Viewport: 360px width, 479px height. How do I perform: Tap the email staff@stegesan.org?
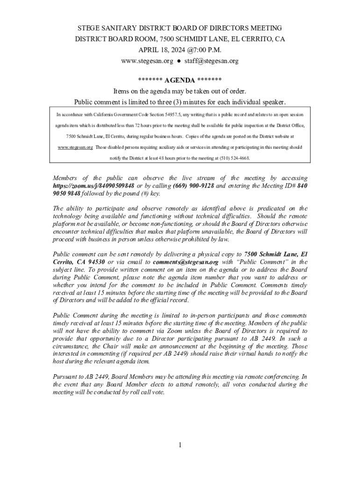tap(211, 61)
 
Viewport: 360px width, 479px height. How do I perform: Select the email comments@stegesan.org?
tap(186, 262)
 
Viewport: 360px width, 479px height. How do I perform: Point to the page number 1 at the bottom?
tap(180, 445)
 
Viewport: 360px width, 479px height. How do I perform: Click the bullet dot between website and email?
tap(179, 61)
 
